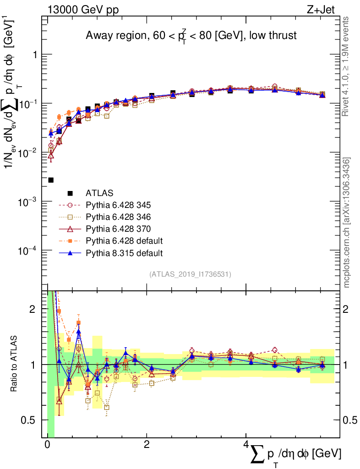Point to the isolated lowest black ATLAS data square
tap(51, 180)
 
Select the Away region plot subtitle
tap(191, 36)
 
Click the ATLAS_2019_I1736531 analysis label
tap(190, 274)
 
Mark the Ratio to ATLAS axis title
tap(15, 365)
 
